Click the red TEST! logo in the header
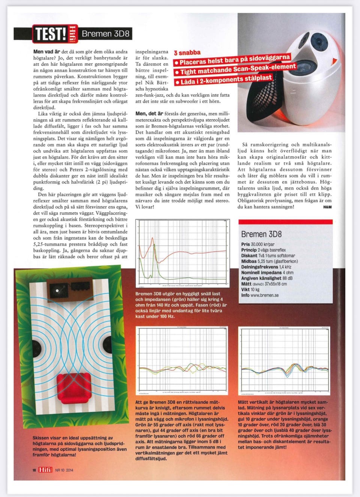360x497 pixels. tap(50, 34)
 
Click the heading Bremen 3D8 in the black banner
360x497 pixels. tap(105, 34)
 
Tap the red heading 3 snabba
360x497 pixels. tap(187, 53)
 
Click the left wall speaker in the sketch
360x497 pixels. tap(36, 347)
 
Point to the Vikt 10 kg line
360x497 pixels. tap(250, 290)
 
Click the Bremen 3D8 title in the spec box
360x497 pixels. tap(261, 234)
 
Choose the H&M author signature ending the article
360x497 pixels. tap(327, 207)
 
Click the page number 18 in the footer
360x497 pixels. tap(34, 470)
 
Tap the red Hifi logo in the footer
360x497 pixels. tap(45, 470)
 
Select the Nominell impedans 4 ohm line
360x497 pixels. tap(267, 272)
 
